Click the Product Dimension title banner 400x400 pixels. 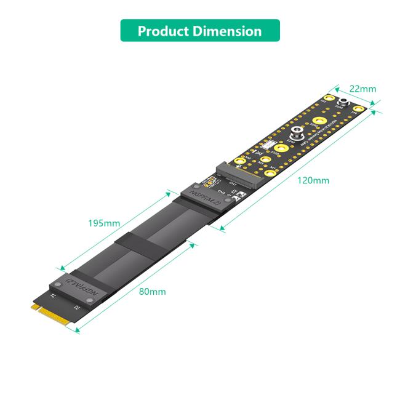[x=199, y=31]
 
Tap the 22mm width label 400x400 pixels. [x=363, y=89]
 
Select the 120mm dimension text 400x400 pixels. [x=313, y=180]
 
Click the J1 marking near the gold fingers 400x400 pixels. [x=53, y=296]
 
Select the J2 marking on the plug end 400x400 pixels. [x=76, y=307]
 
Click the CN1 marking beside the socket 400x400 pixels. [x=232, y=183]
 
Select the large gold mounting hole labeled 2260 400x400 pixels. [x=319, y=121]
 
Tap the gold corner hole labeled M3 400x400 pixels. [x=330, y=97]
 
